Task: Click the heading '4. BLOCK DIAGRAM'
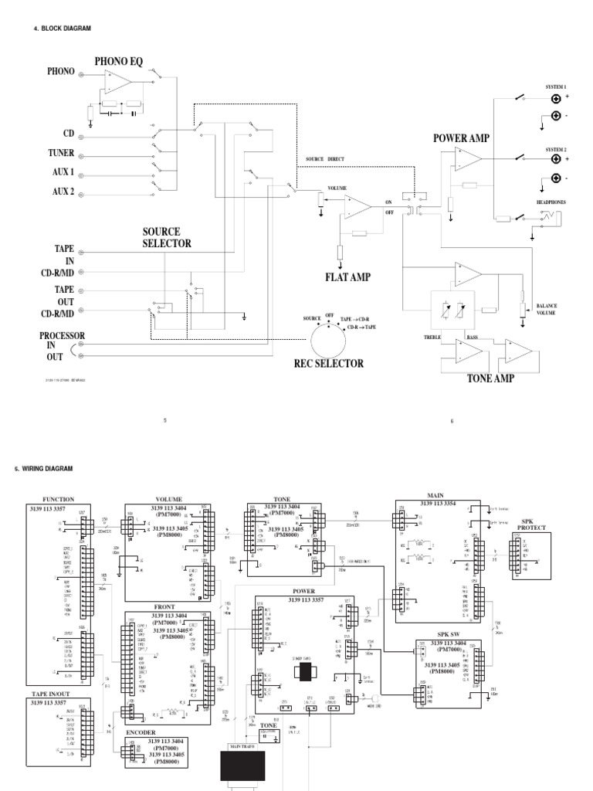[x=63, y=29]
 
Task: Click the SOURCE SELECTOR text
[x=166, y=237]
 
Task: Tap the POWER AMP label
[x=462, y=137]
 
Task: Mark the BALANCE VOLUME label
[x=547, y=310]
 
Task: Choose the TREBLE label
[x=432, y=338]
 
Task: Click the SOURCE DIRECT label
[x=325, y=158]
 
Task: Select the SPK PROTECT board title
[x=533, y=524]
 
